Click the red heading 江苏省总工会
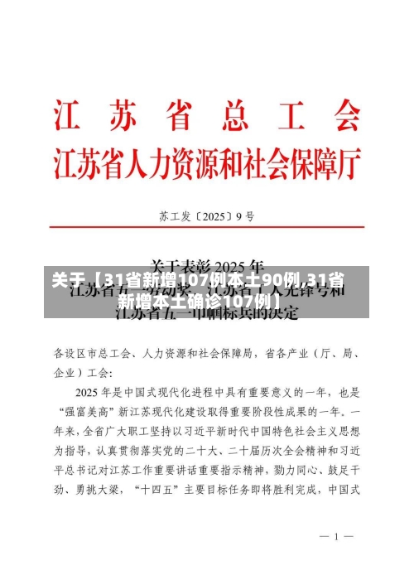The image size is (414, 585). [207, 115]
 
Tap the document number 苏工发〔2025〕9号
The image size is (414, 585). [206, 218]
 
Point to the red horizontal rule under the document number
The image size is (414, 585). [207, 234]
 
